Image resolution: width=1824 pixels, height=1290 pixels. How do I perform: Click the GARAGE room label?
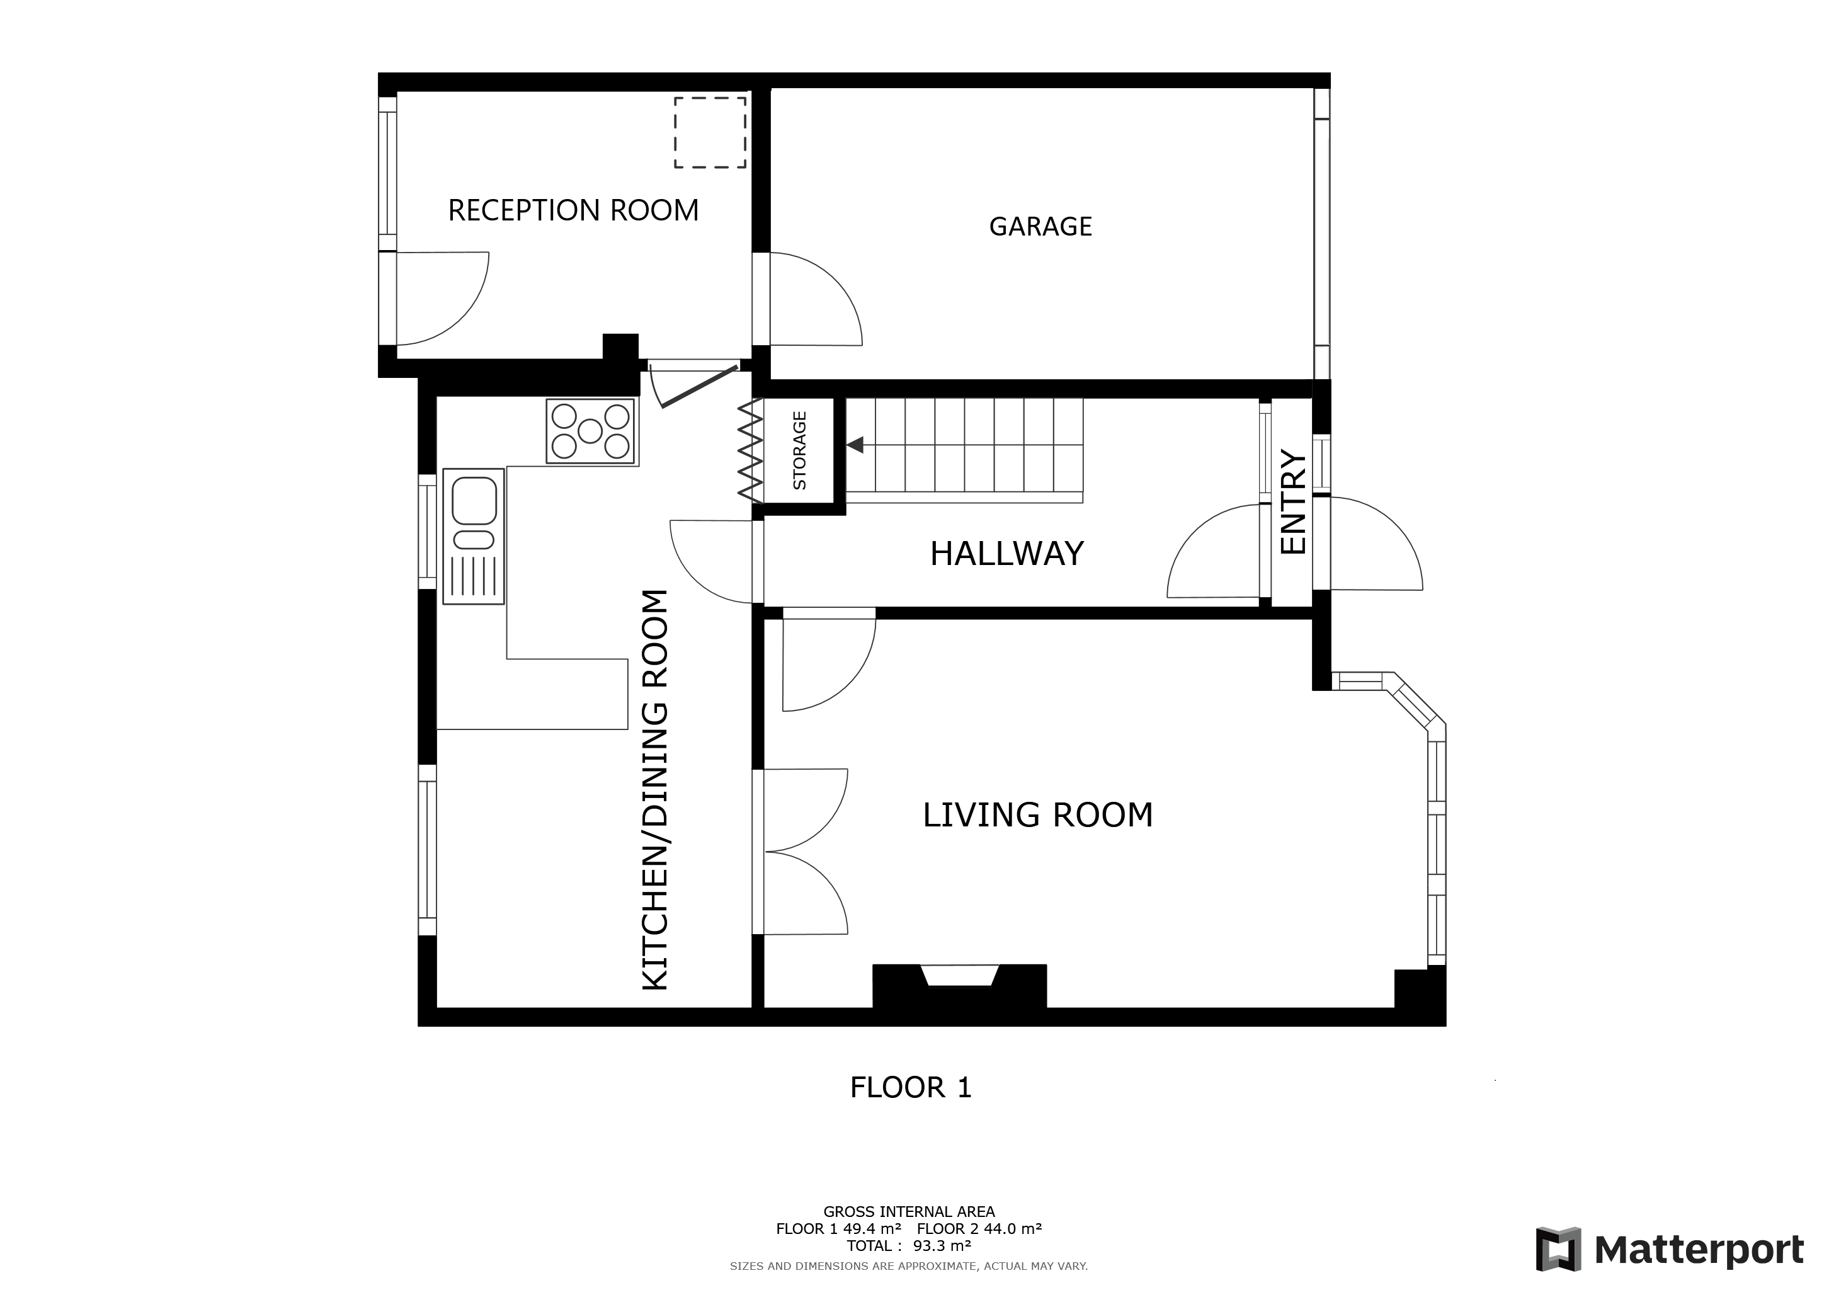(1040, 226)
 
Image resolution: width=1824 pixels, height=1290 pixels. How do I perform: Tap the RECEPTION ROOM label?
(574, 210)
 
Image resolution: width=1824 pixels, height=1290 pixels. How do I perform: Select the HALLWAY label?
(1006, 554)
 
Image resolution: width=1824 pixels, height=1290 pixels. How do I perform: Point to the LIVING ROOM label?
(1037, 815)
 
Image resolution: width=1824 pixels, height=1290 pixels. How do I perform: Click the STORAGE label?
(800, 450)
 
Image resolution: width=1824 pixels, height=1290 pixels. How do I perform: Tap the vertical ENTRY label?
(1293, 503)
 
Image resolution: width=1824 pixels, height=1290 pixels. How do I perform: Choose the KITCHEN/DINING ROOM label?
(656, 791)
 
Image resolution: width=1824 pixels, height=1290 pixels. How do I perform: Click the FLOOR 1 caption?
(911, 1087)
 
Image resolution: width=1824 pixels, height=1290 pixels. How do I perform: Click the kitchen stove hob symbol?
(590, 431)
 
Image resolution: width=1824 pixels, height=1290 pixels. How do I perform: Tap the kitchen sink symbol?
(474, 536)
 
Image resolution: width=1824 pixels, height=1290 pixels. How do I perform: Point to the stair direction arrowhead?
(855, 445)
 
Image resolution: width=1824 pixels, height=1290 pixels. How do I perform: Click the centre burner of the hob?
(590, 431)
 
